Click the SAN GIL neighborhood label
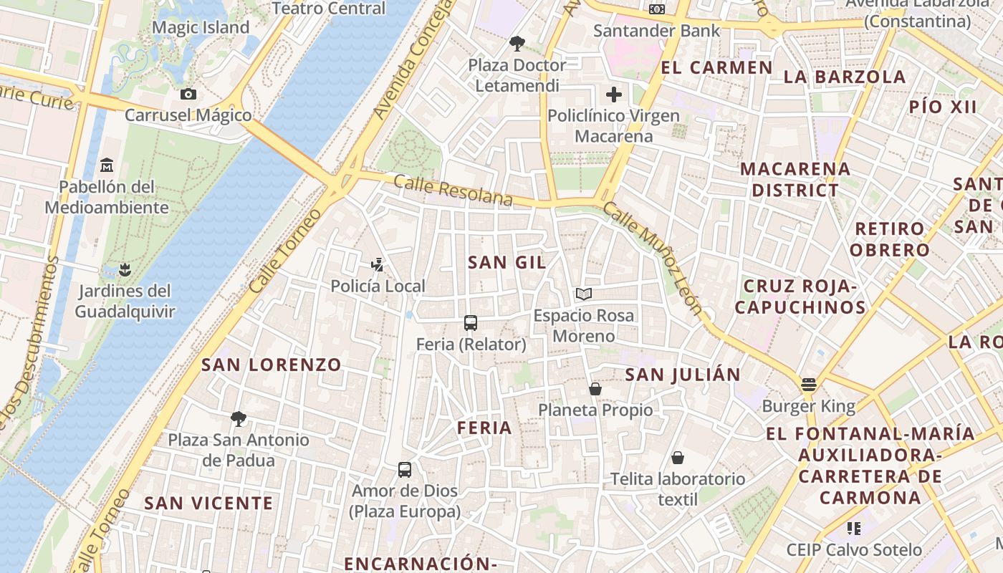(x=507, y=262)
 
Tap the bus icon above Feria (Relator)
(x=471, y=323)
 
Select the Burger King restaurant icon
(x=809, y=385)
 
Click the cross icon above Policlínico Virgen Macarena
(x=614, y=95)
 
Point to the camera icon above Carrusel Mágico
(x=188, y=94)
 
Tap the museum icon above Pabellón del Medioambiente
(x=107, y=165)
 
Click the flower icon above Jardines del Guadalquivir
(x=125, y=270)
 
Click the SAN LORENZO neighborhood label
(x=272, y=365)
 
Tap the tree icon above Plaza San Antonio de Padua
(x=239, y=418)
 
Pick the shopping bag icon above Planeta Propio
(x=595, y=389)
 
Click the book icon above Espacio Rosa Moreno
(x=584, y=294)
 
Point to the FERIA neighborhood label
(x=485, y=428)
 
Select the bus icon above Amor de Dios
(x=405, y=470)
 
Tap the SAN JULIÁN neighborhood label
(x=683, y=375)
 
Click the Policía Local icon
(x=378, y=265)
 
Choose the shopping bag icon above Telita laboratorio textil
(x=678, y=458)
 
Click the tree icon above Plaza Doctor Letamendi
(x=517, y=44)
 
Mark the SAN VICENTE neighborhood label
(x=208, y=503)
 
